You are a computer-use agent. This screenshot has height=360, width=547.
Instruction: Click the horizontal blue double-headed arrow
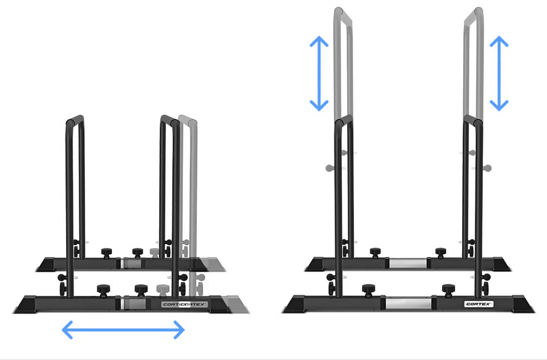tap(123, 329)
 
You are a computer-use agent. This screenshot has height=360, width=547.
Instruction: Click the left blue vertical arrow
tap(319, 74)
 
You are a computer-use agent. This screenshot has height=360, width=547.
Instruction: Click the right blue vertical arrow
tap(499, 74)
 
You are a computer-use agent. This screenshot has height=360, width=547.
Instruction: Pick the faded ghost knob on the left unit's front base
tap(162, 290)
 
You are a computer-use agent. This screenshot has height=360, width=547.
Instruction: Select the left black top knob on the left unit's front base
tap(101, 290)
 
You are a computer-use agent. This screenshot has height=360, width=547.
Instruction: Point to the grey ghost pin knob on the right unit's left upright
tap(329, 167)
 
